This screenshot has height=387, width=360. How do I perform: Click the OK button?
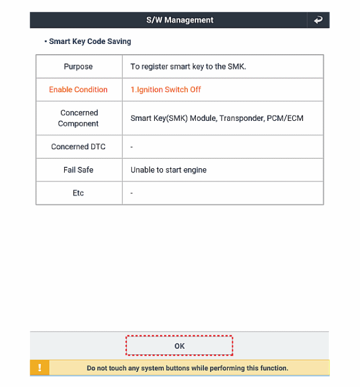pyautogui.click(x=179, y=346)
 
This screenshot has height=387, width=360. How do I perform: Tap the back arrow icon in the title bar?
pyautogui.click(x=318, y=20)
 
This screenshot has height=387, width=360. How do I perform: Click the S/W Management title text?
pyautogui.click(x=180, y=20)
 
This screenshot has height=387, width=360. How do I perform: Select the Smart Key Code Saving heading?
pyautogui.click(x=90, y=42)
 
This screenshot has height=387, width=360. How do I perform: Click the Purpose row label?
pyautogui.click(x=78, y=67)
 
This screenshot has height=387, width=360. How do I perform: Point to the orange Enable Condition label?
pyautogui.click(x=78, y=90)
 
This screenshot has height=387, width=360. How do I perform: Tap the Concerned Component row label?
pyautogui.click(x=79, y=118)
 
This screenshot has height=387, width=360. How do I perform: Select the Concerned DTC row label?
pyautogui.click(x=78, y=147)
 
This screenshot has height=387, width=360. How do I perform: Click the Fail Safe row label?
pyautogui.click(x=78, y=170)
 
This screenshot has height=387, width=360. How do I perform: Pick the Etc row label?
pyautogui.click(x=78, y=193)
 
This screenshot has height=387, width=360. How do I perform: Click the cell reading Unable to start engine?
pyautogui.click(x=168, y=170)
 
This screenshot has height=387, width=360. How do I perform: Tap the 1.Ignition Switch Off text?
pyautogui.click(x=166, y=90)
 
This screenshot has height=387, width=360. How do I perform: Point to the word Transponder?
pyautogui.click(x=241, y=118)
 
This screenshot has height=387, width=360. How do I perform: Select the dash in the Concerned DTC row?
pyautogui.click(x=132, y=147)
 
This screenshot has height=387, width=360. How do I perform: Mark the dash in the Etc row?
pyautogui.click(x=132, y=193)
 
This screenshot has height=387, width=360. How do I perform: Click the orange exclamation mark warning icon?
pyautogui.click(x=39, y=368)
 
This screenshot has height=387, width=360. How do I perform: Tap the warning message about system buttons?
pyautogui.click(x=187, y=368)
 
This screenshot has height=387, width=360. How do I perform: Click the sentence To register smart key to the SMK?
pyautogui.click(x=188, y=67)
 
